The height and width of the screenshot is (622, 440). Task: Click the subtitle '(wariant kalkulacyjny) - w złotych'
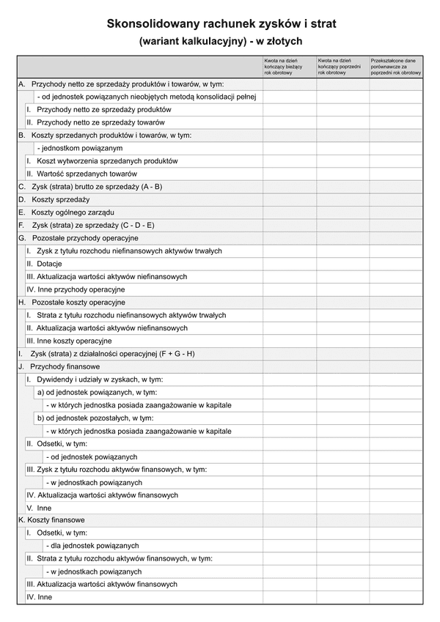point(220,42)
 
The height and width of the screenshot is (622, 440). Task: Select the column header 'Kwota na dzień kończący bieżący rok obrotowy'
point(289,67)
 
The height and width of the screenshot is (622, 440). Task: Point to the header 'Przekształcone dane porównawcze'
point(396,67)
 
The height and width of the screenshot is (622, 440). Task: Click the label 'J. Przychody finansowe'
point(59,366)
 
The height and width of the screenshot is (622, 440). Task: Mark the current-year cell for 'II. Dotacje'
point(289,264)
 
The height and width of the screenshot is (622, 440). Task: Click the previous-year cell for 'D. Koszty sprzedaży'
point(342,199)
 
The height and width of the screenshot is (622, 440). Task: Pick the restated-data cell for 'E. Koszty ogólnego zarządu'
point(396,212)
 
